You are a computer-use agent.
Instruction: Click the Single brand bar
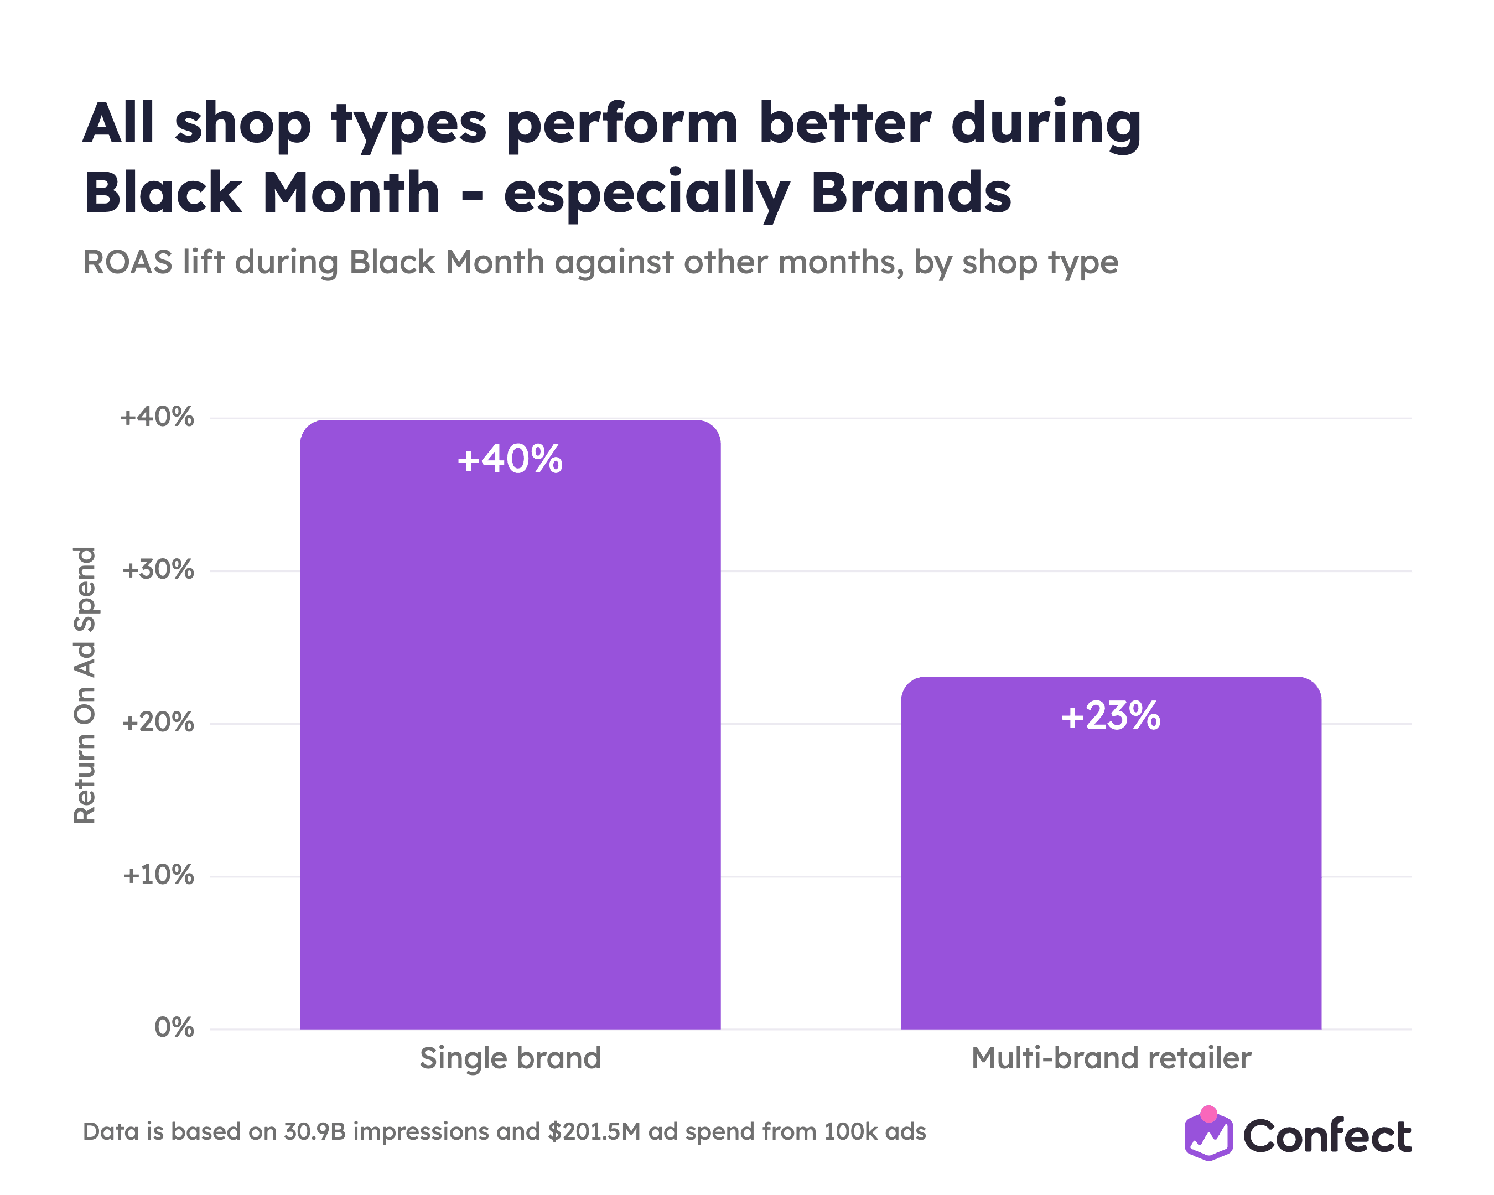(510, 724)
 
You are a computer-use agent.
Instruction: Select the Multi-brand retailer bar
(1111, 853)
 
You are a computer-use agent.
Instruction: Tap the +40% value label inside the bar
(510, 459)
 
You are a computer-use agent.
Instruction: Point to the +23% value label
(1111, 715)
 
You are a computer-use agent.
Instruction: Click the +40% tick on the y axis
(157, 417)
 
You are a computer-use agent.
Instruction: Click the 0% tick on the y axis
(174, 1028)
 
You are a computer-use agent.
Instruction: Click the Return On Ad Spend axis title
(85, 685)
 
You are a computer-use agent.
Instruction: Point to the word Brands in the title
(911, 193)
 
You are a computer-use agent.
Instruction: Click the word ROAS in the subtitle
(127, 263)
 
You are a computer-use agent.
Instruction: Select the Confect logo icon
(1208, 1134)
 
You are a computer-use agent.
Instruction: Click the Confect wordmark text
(1327, 1137)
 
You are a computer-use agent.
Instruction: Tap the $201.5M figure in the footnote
(594, 1132)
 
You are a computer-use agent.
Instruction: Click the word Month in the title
(351, 193)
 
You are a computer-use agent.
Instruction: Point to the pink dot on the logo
(1208, 1114)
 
